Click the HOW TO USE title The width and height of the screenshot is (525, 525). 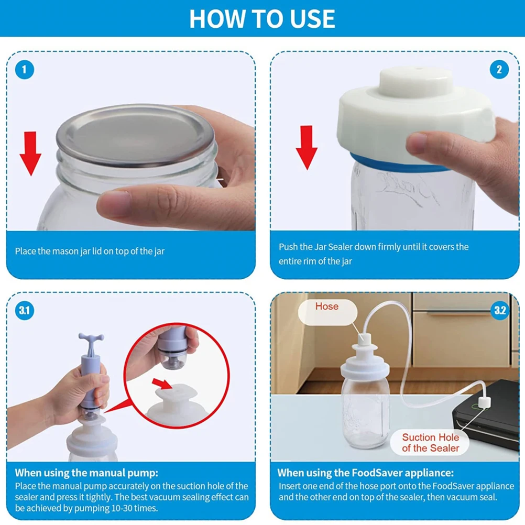pyautogui.click(x=262, y=18)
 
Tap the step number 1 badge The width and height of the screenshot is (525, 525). pyautogui.click(x=25, y=70)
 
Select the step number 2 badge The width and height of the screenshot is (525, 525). pyautogui.click(x=499, y=70)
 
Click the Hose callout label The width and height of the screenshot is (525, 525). pyautogui.click(x=326, y=307)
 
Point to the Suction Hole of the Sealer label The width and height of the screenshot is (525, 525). pyautogui.click(x=431, y=443)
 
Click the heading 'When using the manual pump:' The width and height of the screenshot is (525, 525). pyautogui.click(x=86, y=473)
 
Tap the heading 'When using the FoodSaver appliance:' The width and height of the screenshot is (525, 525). pyautogui.click(x=366, y=473)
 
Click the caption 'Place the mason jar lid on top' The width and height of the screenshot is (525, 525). pyautogui.click(x=90, y=251)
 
